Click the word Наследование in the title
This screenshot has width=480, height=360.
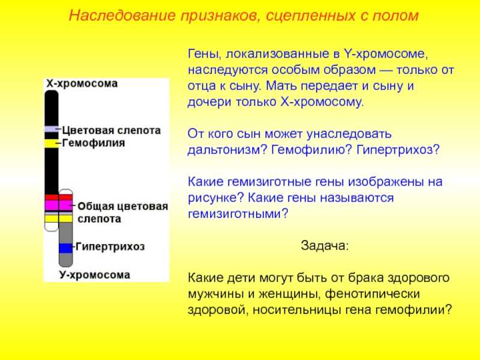pos(122,15)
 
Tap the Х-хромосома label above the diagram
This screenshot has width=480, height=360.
pos(82,83)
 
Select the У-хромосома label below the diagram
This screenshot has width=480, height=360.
pos(95,275)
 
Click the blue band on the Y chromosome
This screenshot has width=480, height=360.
pos(65,248)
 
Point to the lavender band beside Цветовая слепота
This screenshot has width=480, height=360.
pos(52,129)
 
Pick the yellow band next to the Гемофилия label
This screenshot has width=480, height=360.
pos(52,143)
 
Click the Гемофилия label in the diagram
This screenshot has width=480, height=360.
pos(94,143)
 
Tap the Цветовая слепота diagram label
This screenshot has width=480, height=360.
pos(112,130)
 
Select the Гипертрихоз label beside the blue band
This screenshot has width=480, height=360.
pos(110,247)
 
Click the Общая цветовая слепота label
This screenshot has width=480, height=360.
pos(123,212)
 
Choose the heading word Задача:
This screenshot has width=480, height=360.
pos(325,245)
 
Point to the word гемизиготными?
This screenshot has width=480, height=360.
pos(238,214)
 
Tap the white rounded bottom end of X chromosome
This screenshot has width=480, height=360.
pos(52,227)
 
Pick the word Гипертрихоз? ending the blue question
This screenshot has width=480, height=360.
pos(398,149)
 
